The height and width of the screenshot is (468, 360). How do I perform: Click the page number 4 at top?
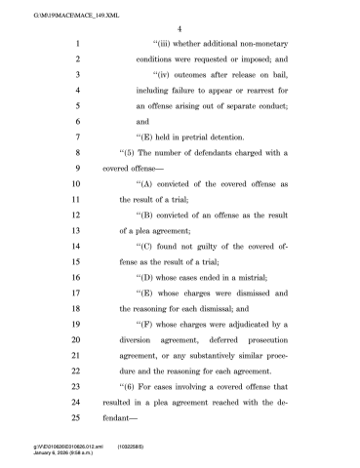(180, 28)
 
